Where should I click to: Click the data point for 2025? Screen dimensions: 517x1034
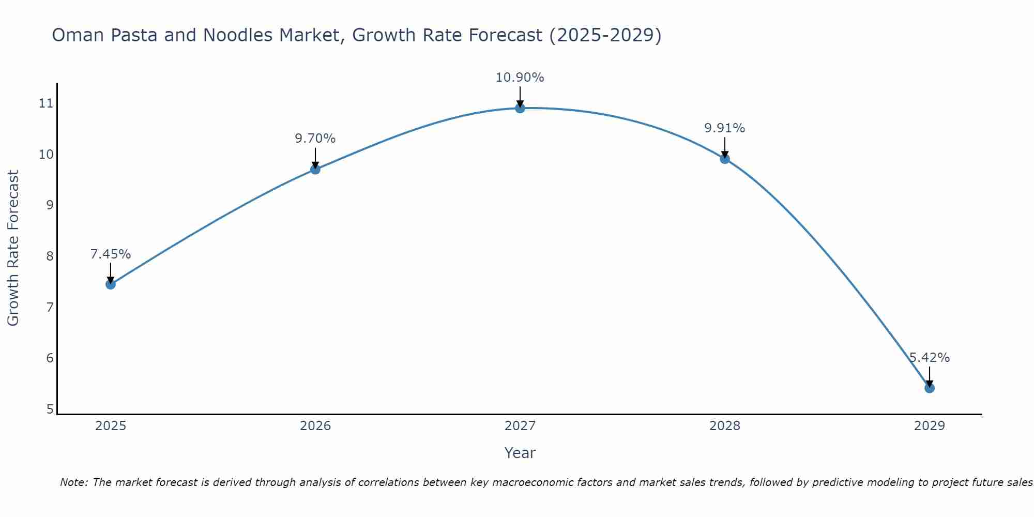(x=110, y=284)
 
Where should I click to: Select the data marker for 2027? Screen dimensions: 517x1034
(x=520, y=108)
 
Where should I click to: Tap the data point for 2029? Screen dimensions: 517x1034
(x=929, y=388)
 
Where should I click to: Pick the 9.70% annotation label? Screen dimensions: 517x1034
(x=315, y=139)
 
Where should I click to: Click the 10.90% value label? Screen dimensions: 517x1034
(x=520, y=78)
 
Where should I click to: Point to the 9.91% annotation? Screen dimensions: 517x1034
(x=724, y=128)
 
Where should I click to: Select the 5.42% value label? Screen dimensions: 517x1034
(x=929, y=358)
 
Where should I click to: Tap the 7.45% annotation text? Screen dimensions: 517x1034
(x=110, y=254)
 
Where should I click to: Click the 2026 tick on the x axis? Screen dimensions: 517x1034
(x=315, y=426)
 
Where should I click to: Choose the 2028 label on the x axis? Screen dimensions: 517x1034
(x=724, y=426)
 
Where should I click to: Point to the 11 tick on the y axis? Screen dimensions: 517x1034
(x=46, y=103)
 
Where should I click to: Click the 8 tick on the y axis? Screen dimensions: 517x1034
(x=50, y=256)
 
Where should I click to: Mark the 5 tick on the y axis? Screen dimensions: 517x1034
(x=50, y=409)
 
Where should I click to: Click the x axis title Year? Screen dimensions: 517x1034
(x=520, y=453)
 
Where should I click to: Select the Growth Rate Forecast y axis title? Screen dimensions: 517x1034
(x=13, y=248)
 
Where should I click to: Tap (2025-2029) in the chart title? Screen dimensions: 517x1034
(x=605, y=35)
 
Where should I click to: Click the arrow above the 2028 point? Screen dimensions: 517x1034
(x=724, y=147)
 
